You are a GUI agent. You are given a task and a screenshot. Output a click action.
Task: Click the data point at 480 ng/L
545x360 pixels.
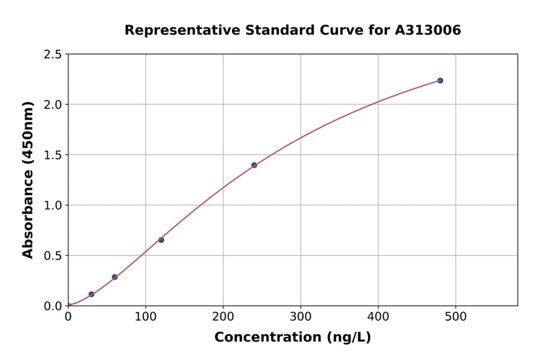(x=440, y=81)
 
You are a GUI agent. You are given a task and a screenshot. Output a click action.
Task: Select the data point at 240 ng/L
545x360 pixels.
(x=254, y=165)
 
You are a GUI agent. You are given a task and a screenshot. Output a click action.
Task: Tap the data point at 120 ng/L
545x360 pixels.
(x=161, y=240)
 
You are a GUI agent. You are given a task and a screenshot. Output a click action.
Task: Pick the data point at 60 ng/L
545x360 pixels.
(x=114, y=277)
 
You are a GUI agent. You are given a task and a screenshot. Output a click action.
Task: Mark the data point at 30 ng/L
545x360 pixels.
(x=91, y=295)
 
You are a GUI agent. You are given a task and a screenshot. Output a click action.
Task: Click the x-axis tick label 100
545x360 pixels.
(x=145, y=316)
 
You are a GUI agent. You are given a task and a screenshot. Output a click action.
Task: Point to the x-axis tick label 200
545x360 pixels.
(x=223, y=316)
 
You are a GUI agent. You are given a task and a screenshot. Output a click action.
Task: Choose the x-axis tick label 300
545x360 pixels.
(x=301, y=316)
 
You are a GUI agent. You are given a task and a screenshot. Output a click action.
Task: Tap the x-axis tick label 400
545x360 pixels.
(x=378, y=316)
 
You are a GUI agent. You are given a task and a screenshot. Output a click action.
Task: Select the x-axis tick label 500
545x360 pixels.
(x=456, y=316)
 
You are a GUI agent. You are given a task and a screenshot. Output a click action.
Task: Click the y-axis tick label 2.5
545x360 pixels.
(x=53, y=55)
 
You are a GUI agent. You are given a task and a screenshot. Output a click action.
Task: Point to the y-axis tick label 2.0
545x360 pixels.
(x=53, y=105)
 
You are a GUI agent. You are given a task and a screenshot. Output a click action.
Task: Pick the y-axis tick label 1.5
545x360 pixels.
(x=53, y=155)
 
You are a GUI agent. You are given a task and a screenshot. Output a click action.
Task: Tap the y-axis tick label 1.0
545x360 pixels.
(x=53, y=205)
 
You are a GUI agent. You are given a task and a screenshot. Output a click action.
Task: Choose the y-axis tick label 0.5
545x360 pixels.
(x=53, y=256)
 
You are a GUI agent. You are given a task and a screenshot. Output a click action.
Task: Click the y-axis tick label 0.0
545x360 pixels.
(x=53, y=306)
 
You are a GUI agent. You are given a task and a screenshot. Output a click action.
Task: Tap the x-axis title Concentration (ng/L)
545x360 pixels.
(x=292, y=338)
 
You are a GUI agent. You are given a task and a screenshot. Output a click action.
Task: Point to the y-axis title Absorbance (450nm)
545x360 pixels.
(x=28, y=179)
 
